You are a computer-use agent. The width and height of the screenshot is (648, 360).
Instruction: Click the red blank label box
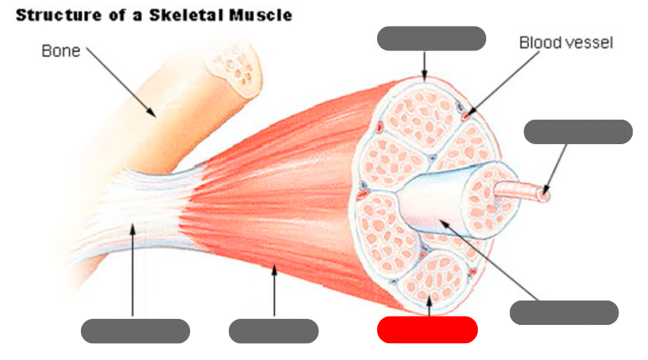coord(427,329)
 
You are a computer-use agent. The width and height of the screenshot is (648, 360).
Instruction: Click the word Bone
coord(60,52)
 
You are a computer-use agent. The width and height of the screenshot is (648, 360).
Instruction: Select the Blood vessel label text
coord(566,42)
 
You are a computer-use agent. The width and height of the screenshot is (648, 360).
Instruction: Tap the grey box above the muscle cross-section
coord(431,38)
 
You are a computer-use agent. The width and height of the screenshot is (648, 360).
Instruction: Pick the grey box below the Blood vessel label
coord(578,132)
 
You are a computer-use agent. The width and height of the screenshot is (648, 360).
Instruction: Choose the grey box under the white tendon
coord(135,330)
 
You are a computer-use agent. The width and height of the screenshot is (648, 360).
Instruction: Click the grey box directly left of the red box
coord(273,330)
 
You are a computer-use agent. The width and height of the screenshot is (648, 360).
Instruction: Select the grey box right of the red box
coord(563,313)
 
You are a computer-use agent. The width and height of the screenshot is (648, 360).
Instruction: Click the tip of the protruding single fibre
coord(543,195)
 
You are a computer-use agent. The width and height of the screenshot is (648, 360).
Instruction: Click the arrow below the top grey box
coord(425,66)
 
